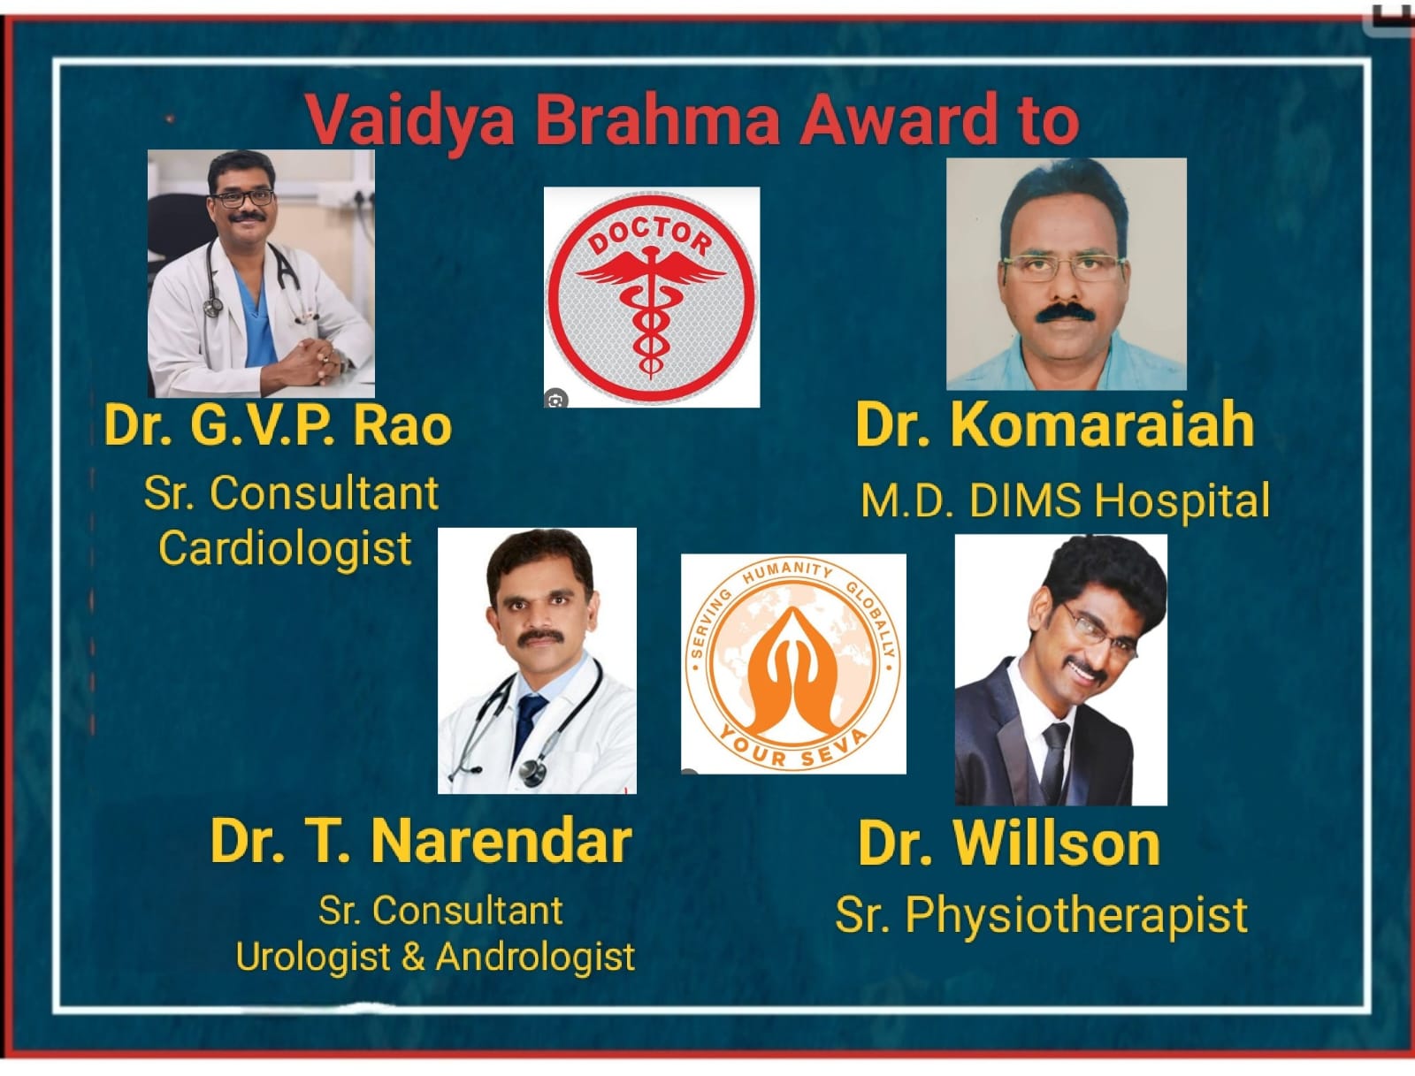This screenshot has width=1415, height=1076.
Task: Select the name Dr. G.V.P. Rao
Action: pyautogui.click(x=278, y=424)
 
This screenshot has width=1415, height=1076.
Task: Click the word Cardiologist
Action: pyautogui.click(x=285, y=549)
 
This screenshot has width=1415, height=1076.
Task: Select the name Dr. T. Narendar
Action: pyautogui.click(x=421, y=840)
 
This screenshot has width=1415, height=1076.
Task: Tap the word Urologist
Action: pyautogui.click(x=313, y=957)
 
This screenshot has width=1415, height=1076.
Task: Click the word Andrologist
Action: pyautogui.click(x=535, y=957)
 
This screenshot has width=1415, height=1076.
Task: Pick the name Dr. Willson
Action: pyautogui.click(x=1009, y=843)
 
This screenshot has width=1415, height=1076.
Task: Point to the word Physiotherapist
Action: pyautogui.click(x=1076, y=915)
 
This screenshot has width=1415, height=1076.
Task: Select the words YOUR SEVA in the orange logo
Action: pyautogui.click(x=792, y=747)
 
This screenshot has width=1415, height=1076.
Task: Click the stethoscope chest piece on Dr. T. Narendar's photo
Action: pyautogui.click(x=532, y=772)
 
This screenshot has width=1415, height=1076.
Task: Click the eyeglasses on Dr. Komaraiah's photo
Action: pyautogui.click(x=1064, y=266)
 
